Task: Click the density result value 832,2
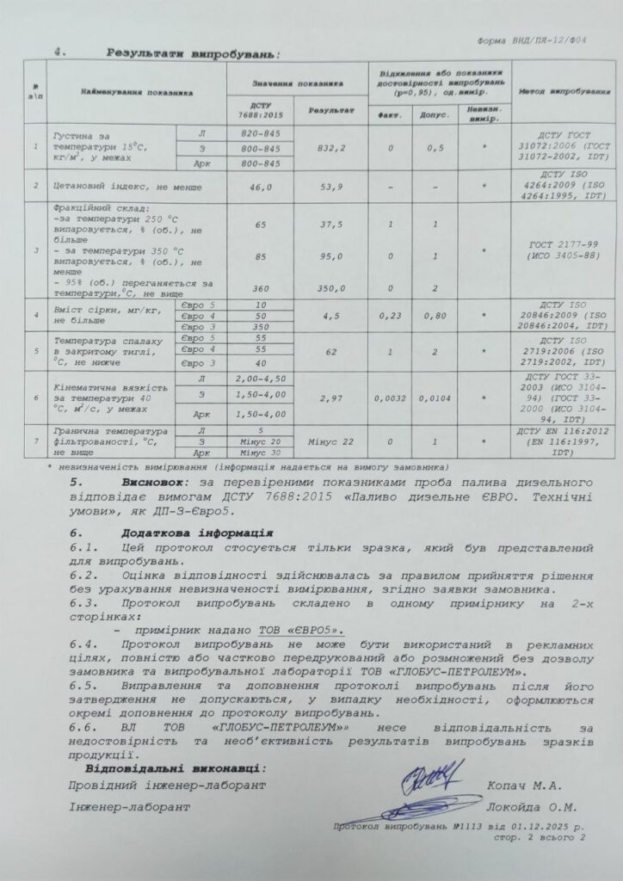coord(330,147)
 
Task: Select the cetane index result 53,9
coord(330,185)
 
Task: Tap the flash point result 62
coord(330,352)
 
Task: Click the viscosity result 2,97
coord(330,400)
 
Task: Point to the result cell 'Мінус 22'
coord(330,440)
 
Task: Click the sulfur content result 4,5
coord(330,315)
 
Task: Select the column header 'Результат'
coord(330,111)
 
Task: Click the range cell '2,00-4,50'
coord(259,378)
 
